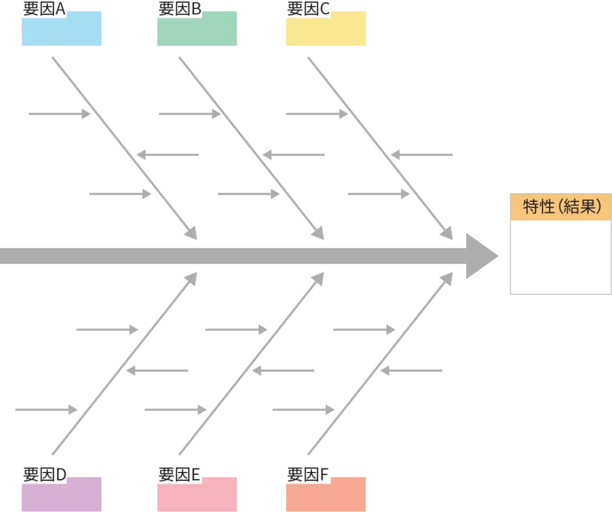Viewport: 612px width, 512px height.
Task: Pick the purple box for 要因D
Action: (62, 493)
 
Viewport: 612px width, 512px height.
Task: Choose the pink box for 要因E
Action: (196, 493)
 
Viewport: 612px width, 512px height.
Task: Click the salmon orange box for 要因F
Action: (325, 493)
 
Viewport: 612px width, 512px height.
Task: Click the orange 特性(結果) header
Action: (559, 207)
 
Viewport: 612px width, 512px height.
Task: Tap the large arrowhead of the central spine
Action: (482, 256)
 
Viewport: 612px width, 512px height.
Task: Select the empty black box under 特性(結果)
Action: (559, 258)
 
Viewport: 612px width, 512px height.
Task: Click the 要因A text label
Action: (44, 10)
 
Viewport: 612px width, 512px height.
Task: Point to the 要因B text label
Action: (179, 10)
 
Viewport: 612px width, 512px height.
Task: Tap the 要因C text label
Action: (308, 10)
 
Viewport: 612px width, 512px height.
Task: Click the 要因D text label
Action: (44, 476)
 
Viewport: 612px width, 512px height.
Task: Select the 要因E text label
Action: (179, 476)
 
